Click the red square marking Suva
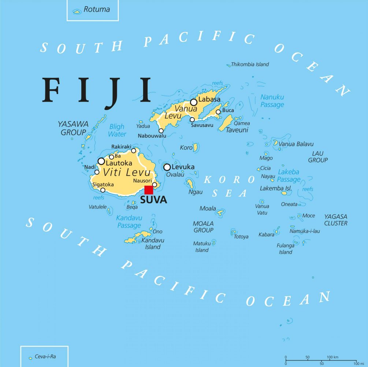149,190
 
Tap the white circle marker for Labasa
193,102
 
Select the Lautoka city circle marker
101,161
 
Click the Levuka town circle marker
167,167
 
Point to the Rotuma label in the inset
97,10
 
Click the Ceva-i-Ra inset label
45,356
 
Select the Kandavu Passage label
129,222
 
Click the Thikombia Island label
250,64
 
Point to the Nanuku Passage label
272,101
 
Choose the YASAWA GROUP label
73,128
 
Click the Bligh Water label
117,131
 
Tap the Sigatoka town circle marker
103,190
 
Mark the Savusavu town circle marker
192,119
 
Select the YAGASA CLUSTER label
336,220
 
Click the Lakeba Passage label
289,176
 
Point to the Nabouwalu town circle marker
161,131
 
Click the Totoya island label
241,237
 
